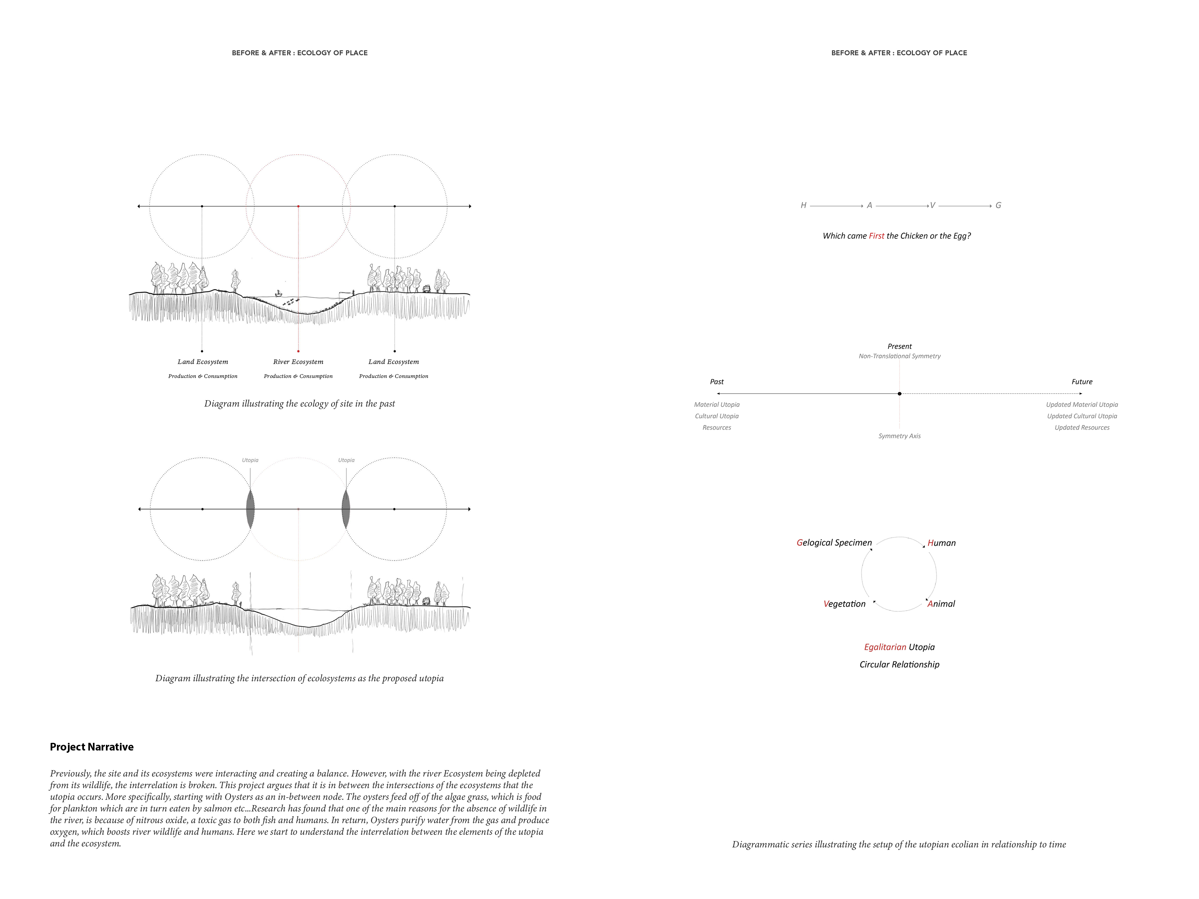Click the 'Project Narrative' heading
coord(92,747)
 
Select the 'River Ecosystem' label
coord(298,362)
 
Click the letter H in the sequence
coord(803,205)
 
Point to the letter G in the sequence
coord(998,205)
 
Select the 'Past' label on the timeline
coord(717,382)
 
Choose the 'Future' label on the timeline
coord(1081,382)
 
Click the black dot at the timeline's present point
coord(899,394)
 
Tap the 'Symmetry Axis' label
coord(899,436)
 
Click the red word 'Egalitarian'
coord(885,647)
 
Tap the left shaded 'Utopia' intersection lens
coord(250,509)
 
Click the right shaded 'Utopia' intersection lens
coord(346,509)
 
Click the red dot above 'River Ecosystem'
coord(298,351)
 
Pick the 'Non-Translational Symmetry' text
coord(899,356)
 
